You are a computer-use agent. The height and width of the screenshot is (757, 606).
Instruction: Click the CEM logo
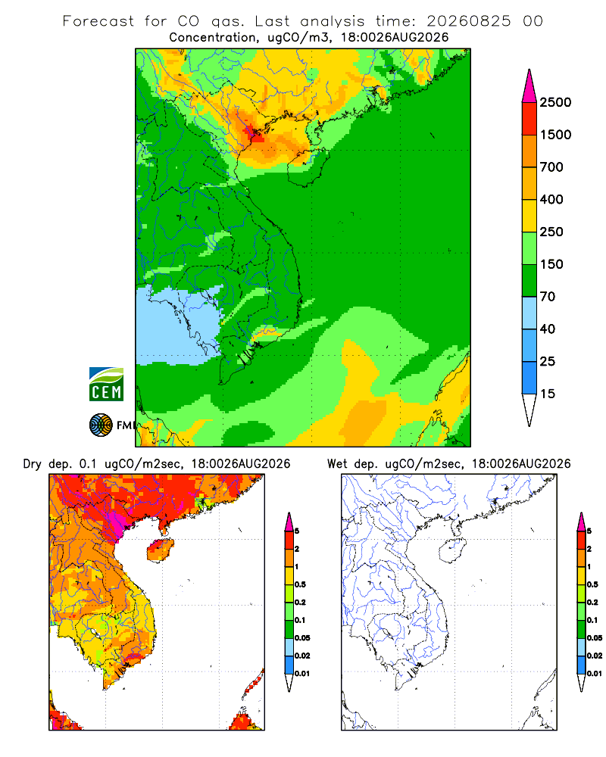pyautogui.click(x=106, y=385)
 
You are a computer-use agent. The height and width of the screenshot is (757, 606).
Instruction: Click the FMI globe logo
pyautogui.click(x=101, y=425)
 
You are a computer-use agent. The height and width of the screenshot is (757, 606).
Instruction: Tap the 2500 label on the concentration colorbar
pyautogui.click(x=555, y=102)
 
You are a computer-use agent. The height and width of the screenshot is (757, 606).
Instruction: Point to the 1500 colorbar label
pyautogui.click(x=555, y=135)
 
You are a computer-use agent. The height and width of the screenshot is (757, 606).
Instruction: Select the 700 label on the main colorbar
pyautogui.click(x=551, y=167)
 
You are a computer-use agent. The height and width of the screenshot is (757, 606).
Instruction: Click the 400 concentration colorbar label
pyautogui.click(x=551, y=199)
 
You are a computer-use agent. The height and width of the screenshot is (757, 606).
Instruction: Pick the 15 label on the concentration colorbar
pyautogui.click(x=548, y=394)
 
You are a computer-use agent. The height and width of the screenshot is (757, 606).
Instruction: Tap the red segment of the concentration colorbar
pyautogui.click(x=529, y=119)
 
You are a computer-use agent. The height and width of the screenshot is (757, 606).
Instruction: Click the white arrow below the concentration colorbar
pyautogui.click(x=529, y=410)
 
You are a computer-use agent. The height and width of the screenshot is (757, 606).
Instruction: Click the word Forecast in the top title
pyautogui.click(x=98, y=21)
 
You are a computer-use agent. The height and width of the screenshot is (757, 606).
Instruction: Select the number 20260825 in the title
pyautogui.click(x=468, y=21)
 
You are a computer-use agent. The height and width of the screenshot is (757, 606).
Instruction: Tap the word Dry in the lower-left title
pyautogui.click(x=33, y=465)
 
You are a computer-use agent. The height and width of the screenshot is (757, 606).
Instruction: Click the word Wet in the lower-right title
pyautogui.click(x=337, y=464)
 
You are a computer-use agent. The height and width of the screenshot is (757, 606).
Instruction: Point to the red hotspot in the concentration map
pyautogui.click(x=254, y=134)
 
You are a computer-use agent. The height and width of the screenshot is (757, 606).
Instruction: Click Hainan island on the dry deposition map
pyautogui.click(x=161, y=550)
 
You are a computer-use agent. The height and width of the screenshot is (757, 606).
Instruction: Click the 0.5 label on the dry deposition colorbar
pyautogui.click(x=300, y=584)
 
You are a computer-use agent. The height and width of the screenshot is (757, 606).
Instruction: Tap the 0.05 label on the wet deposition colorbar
pyautogui.click(x=595, y=638)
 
